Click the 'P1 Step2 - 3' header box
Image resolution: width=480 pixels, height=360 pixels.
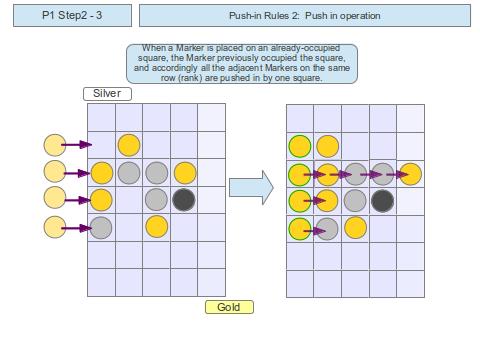click(x=71, y=16)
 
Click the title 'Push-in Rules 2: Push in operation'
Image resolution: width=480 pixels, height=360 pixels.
click(x=304, y=16)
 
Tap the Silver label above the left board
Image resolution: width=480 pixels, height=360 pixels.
click(x=107, y=93)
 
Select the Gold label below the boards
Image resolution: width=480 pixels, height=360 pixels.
click(x=229, y=307)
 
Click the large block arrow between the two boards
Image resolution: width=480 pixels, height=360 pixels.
click(x=250, y=188)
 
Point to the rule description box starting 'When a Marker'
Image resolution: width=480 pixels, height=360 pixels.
click(x=241, y=63)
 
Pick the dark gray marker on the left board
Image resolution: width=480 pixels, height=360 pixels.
click(x=183, y=200)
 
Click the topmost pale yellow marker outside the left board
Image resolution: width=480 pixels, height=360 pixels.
click(x=56, y=145)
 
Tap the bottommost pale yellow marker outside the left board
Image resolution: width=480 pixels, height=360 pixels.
click(x=56, y=228)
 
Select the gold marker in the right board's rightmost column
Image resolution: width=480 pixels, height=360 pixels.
click(x=410, y=174)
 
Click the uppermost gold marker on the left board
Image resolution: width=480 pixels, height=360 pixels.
click(x=129, y=145)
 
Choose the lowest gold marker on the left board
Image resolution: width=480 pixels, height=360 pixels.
click(x=156, y=226)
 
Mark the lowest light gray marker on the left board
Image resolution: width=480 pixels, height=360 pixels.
click(x=101, y=227)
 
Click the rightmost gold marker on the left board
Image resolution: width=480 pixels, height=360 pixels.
click(x=184, y=173)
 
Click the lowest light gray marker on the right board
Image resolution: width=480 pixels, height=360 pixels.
click(x=328, y=229)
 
